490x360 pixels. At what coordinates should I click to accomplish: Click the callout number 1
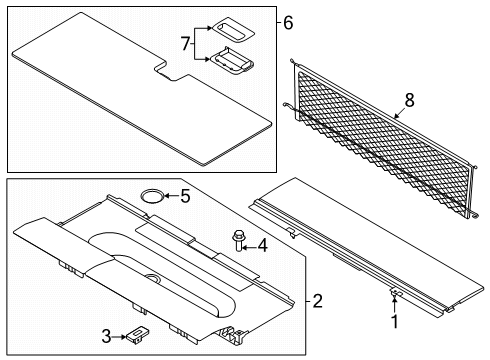pyautogui.click(x=395, y=322)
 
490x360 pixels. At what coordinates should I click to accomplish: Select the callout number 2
pyautogui.click(x=317, y=301)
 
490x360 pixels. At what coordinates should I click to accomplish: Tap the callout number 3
pyautogui.click(x=106, y=336)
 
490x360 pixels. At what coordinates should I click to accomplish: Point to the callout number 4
pyautogui.click(x=263, y=246)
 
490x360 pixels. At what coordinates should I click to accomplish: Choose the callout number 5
pyautogui.click(x=185, y=196)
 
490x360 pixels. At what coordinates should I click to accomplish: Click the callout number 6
pyautogui.click(x=288, y=23)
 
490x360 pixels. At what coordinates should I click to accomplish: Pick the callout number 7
pyautogui.click(x=186, y=44)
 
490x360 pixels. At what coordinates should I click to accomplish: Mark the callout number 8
pyautogui.click(x=409, y=100)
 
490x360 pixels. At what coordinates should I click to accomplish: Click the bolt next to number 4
pyautogui.click(x=239, y=241)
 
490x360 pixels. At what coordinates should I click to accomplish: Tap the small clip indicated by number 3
pyautogui.click(x=137, y=335)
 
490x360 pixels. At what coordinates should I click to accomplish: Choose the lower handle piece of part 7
pyautogui.click(x=232, y=61)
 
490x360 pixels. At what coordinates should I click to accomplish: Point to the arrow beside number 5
pyautogui.click(x=171, y=196)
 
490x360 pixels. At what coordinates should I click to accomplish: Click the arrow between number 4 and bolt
pyautogui.click(x=249, y=247)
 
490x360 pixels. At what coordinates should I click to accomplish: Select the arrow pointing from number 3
pyautogui.click(x=119, y=337)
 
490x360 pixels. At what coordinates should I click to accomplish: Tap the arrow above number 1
pyautogui.click(x=394, y=305)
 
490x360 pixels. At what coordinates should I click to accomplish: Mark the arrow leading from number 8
pyautogui.click(x=399, y=113)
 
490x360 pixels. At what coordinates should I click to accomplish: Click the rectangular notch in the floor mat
pyautogui.click(x=172, y=72)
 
